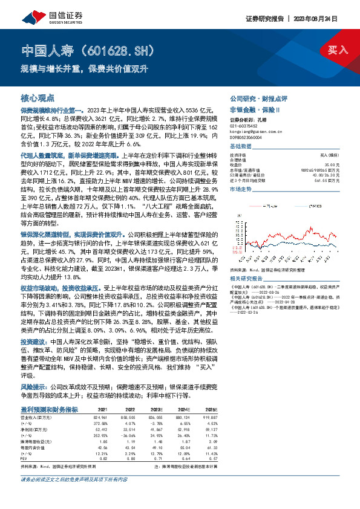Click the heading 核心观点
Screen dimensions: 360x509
(x=38, y=97)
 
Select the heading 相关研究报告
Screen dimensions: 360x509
(x=245, y=261)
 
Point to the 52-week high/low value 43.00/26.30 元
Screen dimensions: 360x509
(x=327, y=175)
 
